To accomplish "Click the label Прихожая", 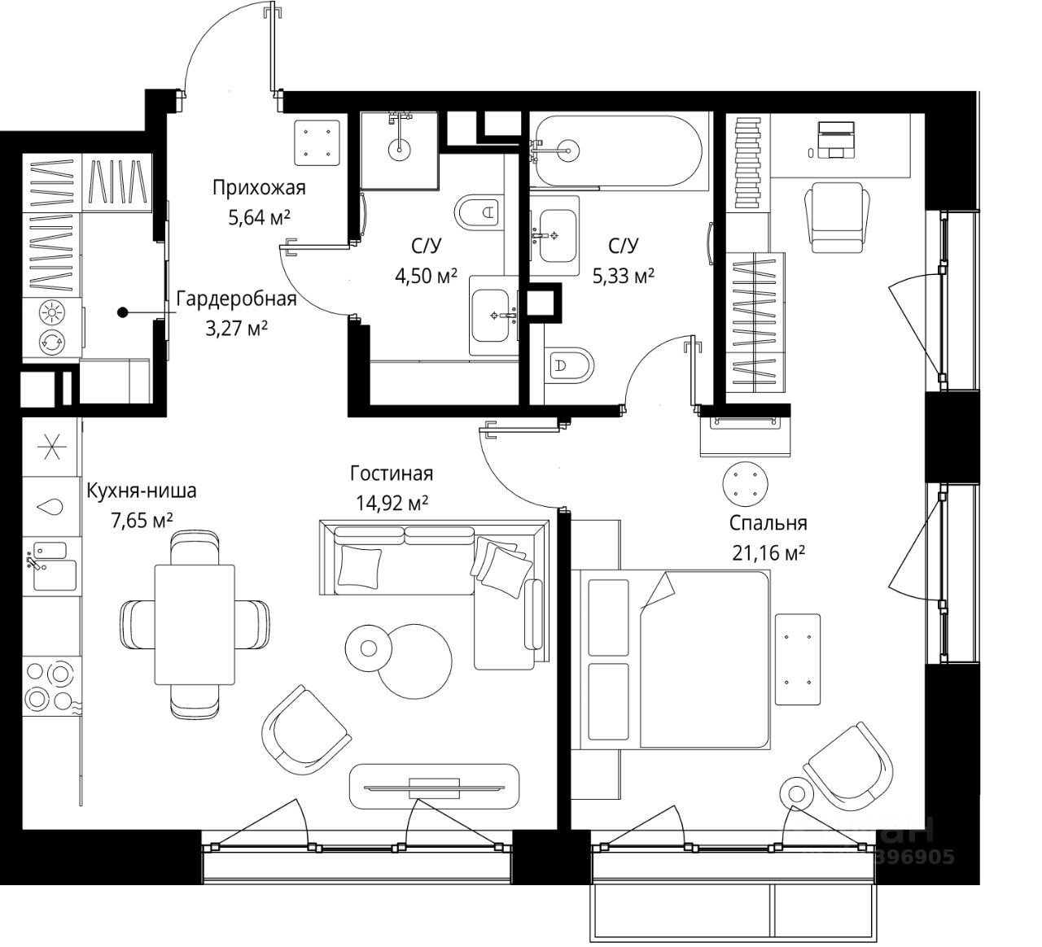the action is point(259,189).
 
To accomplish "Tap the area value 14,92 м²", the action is point(392,504).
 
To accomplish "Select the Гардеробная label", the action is point(236,299).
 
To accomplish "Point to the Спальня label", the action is point(768,523).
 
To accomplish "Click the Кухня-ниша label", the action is point(142,491).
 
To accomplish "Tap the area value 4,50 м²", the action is point(426,277).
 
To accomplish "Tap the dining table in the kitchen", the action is point(194,625).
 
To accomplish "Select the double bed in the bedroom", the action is point(676,658).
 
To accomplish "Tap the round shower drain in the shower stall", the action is point(400,149).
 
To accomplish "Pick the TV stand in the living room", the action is point(434,787).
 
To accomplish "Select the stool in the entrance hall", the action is point(317,140).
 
